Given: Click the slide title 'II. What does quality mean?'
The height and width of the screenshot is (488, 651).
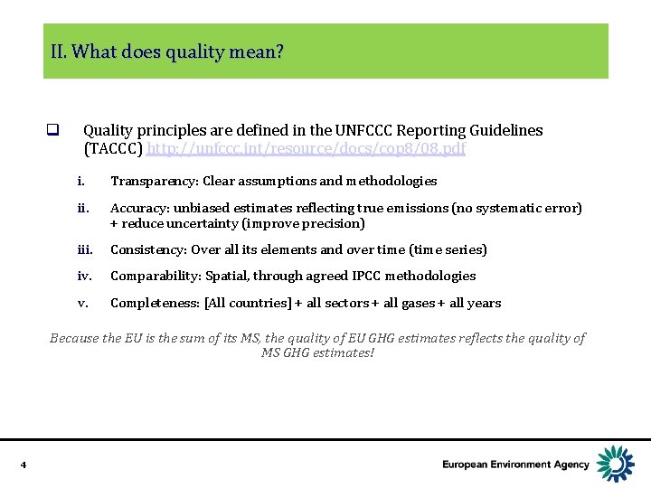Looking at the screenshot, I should coord(167,52).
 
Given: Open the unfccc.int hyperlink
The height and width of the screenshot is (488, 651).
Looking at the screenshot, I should coord(307,148).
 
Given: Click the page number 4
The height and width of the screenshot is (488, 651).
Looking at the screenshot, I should coord(23,465).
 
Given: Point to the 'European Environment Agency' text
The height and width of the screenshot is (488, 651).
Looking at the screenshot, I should coord(515,465).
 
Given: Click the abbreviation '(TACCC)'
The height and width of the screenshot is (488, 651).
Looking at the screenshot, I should coord(113,148).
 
